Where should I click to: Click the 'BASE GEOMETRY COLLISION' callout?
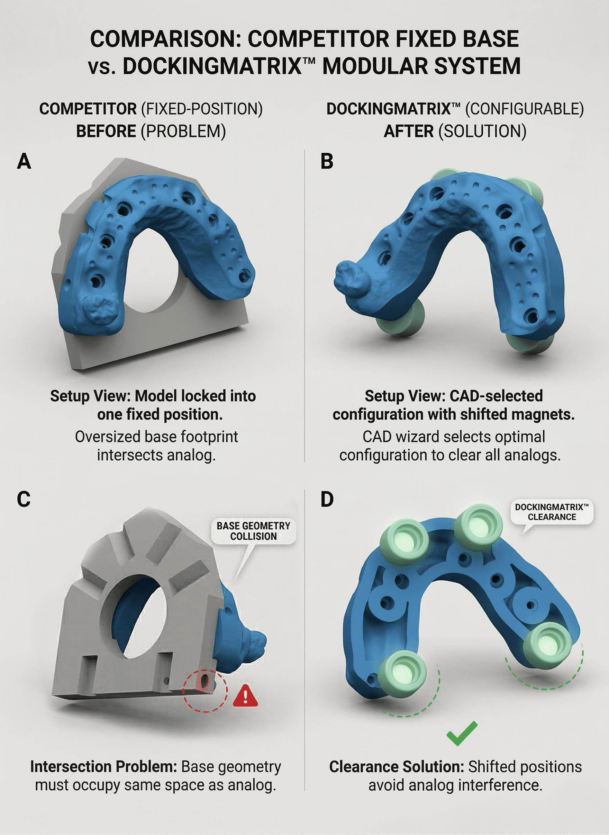[253, 531]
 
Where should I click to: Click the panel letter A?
[24, 161]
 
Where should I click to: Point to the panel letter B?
[327, 161]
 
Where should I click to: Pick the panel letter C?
[24, 500]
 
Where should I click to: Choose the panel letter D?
[327, 500]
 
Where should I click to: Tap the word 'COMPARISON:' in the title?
[165, 39]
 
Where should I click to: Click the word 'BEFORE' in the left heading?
[106, 131]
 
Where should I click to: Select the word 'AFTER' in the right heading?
[408, 131]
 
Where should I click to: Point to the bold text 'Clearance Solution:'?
[396, 767]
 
